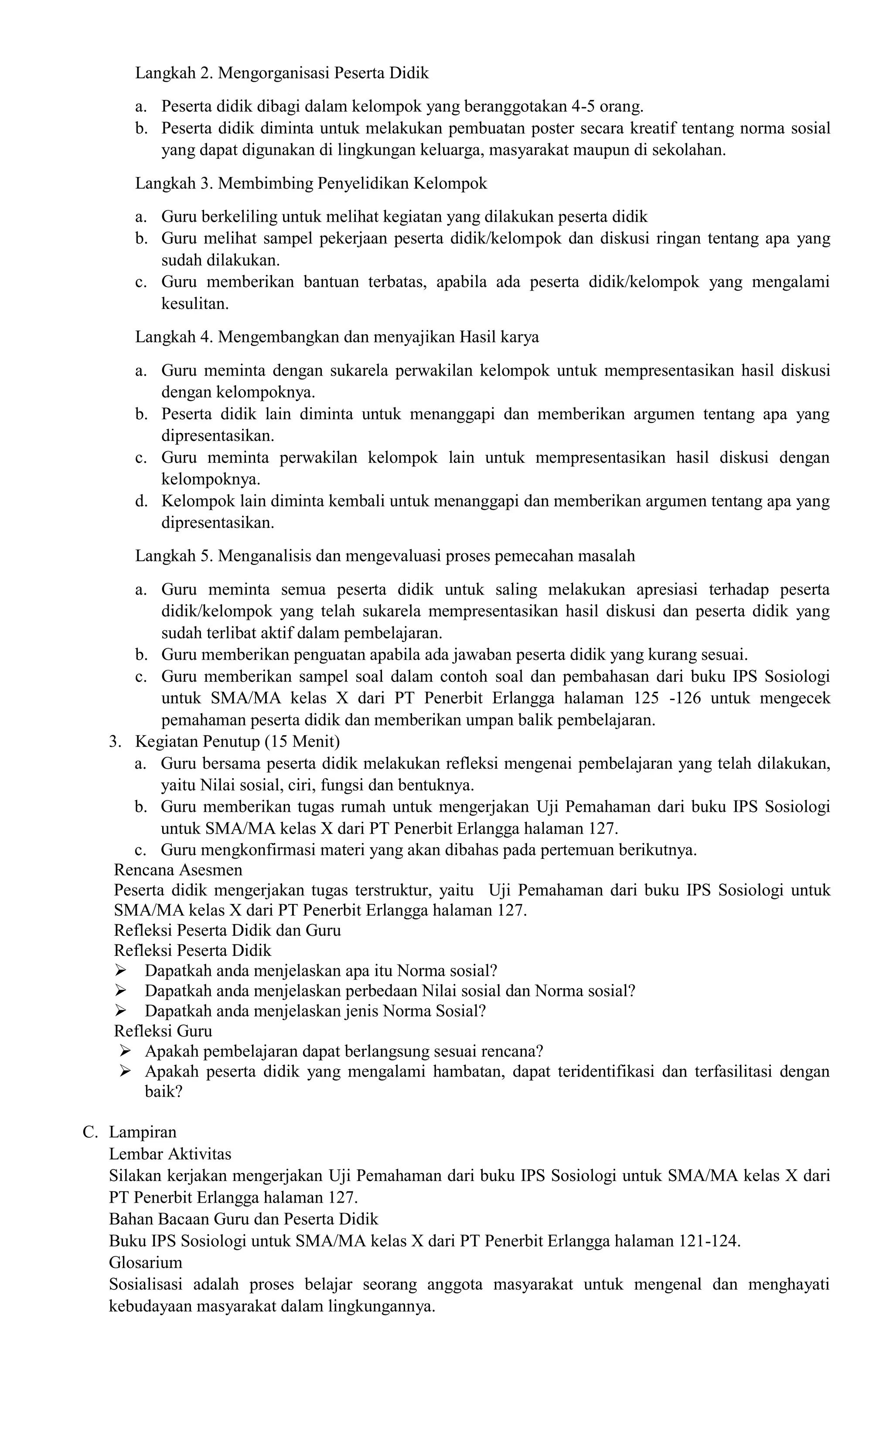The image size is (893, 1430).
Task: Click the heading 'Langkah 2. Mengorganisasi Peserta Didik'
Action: click(282, 73)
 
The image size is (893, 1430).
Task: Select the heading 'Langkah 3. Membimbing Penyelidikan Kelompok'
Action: click(311, 184)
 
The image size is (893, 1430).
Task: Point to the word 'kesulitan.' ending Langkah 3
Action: click(195, 304)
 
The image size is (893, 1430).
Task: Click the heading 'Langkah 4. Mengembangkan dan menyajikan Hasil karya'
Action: click(337, 337)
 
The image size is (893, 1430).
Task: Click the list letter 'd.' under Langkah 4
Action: click(140, 502)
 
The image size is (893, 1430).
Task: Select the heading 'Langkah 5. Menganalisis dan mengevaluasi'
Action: click(385, 556)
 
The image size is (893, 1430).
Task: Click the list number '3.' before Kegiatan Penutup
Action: click(115, 742)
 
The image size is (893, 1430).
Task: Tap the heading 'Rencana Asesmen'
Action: click(178, 870)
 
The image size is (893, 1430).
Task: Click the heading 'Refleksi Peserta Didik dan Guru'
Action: click(227, 930)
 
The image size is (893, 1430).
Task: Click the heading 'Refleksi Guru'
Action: click(163, 1031)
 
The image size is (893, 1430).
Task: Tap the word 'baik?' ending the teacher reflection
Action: click(164, 1091)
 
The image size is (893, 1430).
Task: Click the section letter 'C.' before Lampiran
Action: click(90, 1132)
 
